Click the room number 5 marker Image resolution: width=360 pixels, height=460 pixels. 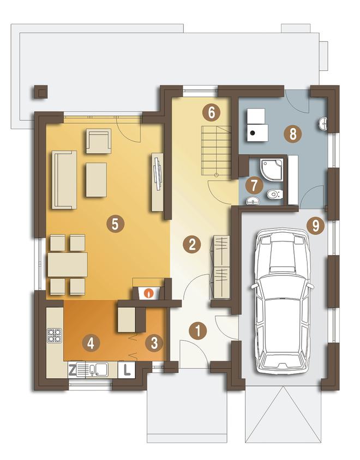[116, 225]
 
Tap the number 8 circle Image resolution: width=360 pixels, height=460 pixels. [293, 135]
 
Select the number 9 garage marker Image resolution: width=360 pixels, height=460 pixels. [315, 226]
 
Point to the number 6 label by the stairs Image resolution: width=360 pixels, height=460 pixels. [212, 113]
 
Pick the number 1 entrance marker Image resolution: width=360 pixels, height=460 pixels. [198, 331]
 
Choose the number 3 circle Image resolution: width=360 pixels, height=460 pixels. [154, 343]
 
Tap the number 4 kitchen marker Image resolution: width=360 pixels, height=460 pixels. [91, 343]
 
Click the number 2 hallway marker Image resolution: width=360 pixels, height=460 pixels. [192, 244]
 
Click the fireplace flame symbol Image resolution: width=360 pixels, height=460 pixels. [149, 293]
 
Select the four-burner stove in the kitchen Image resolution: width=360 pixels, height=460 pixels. [55, 336]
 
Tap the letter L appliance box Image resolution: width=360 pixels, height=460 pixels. [127, 370]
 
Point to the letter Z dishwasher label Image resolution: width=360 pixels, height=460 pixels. [72, 371]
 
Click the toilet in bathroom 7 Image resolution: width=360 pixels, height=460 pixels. [274, 194]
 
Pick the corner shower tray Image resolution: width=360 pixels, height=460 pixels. [272, 169]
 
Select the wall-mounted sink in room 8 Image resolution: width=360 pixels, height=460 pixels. [323, 124]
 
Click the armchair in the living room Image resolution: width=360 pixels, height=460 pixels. [98, 141]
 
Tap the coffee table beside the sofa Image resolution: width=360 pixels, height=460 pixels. [97, 180]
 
